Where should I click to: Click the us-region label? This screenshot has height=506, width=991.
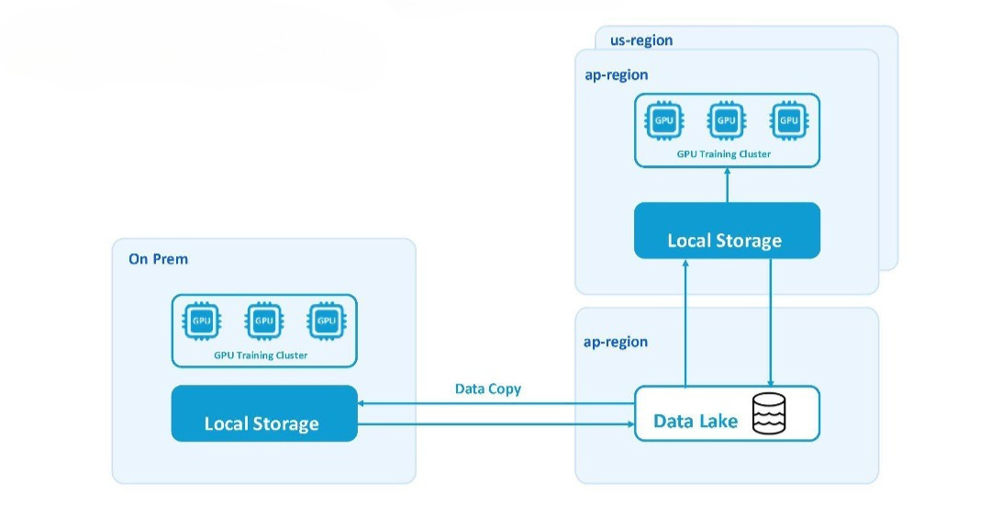pos(640,40)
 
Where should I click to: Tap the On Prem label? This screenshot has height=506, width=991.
pos(158,259)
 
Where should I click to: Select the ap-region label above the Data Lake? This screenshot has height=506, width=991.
pos(616,343)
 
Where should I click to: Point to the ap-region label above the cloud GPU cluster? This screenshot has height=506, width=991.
pos(617,75)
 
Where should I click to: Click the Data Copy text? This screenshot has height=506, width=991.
pos(488,389)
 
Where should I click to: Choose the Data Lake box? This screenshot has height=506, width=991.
pos(727,413)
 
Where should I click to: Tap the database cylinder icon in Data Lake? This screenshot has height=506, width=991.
pos(769,413)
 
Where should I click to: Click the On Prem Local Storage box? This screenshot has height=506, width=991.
pos(264,413)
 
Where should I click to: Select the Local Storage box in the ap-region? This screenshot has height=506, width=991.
pos(727,231)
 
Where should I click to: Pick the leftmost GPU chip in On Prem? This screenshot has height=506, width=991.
pos(202,320)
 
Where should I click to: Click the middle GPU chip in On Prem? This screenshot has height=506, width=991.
pos(264,320)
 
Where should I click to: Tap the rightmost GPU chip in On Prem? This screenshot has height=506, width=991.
pos(326,320)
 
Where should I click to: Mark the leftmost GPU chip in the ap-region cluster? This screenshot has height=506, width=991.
pos(663,120)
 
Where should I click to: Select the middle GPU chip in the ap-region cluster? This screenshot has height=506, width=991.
pos(726,120)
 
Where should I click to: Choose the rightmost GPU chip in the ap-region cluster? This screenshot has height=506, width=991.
pos(789,120)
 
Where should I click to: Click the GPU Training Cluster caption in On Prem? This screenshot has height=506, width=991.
pos(261,355)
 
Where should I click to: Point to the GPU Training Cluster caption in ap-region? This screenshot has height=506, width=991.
pos(724,153)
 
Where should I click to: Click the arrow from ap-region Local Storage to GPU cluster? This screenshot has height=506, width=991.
pos(727,185)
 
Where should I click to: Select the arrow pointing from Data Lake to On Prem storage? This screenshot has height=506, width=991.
pos(495,403)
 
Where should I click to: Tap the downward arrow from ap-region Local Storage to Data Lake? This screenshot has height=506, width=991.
pos(771,322)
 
